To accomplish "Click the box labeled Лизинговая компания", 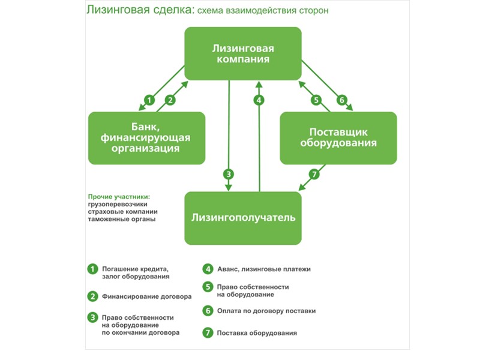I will pyautogui.click(x=242, y=53).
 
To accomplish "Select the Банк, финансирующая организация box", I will pyautogui.click(x=146, y=138).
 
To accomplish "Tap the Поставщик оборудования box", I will pyautogui.click(x=338, y=138).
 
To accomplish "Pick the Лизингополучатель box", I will pyautogui.click(x=242, y=218).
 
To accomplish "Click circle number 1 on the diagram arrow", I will pyautogui.click(x=150, y=100).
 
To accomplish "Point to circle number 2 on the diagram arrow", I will pyautogui.click(x=170, y=100).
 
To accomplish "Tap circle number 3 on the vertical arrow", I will pyautogui.click(x=229, y=175).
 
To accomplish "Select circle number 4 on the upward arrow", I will pyautogui.click(x=259, y=100).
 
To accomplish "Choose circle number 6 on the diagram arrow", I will pyautogui.click(x=341, y=100).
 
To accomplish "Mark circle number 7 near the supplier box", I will pyautogui.click(x=313, y=175).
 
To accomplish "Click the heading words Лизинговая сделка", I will pyautogui.click(x=123, y=11).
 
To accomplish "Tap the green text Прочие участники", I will pyautogui.click(x=118, y=197).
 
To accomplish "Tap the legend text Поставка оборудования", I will pyautogui.click(x=257, y=333).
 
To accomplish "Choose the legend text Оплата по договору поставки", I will pyautogui.click(x=266, y=311).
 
